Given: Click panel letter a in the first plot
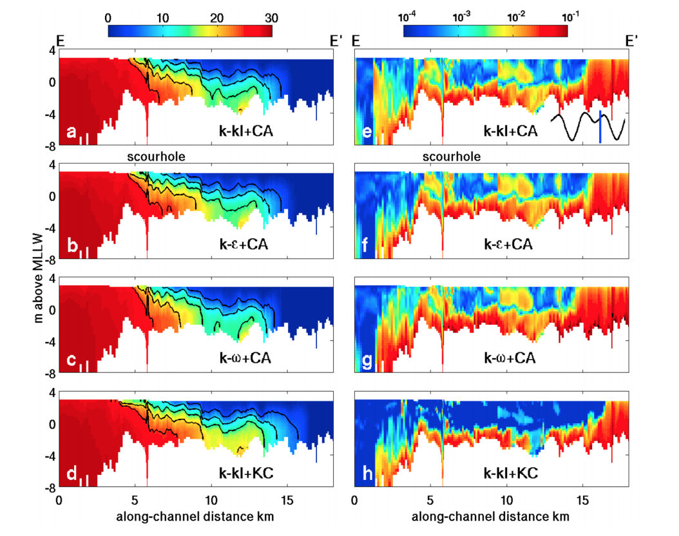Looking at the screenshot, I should coord(72,133).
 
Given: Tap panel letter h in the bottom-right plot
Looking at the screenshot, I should coord(368,474).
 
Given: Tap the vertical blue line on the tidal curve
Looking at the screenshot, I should coord(600,126).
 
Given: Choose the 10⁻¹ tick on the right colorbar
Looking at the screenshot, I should coord(566,18).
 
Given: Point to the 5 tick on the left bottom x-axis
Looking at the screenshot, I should coord(135,501).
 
